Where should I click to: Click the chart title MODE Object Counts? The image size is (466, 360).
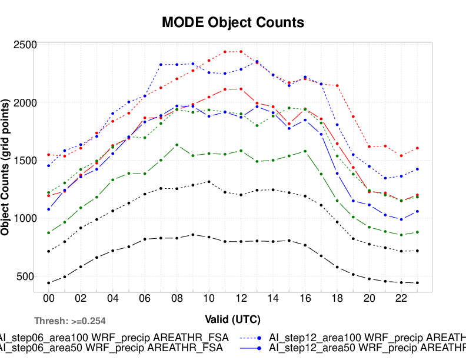click(233, 22)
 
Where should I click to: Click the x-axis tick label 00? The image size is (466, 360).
click(49, 299)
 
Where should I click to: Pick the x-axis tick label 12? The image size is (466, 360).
click(240, 299)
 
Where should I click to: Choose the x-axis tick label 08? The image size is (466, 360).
click(177, 299)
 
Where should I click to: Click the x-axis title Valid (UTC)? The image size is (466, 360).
click(233, 319)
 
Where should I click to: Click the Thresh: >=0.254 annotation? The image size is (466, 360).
click(70, 321)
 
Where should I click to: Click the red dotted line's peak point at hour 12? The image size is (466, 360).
click(240, 52)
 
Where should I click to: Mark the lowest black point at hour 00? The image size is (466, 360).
click(49, 283)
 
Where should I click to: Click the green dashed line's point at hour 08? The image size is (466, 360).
click(177, 145)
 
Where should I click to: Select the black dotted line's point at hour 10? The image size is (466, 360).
click(208, 182)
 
